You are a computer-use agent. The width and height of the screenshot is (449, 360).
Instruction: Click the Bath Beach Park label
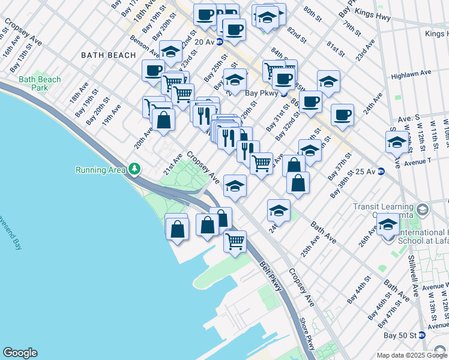click(40, 83)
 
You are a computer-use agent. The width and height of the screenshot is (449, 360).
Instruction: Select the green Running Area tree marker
click(134, 170)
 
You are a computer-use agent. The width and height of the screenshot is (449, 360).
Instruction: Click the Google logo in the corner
click(20, 353)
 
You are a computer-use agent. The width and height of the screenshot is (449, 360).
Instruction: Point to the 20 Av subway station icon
click(220, 41)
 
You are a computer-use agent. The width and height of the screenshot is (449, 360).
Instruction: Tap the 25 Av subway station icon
click(381, 172)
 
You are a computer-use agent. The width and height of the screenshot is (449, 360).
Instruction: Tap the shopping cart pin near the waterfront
click(235, 242)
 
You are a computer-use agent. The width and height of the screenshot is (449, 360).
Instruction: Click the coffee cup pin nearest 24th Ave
click(342, 115)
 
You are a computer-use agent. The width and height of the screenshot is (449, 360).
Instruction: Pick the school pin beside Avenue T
click(396, 142)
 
